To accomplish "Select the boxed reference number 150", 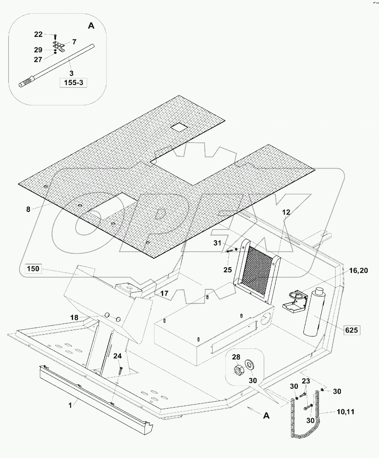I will pos(33,269).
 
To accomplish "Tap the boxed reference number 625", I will pos(351,330).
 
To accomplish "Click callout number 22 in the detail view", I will pos(38,34).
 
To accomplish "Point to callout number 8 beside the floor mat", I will pos(28,210).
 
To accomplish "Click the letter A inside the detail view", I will pos(91,26).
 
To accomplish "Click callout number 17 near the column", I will pos(164,293).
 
